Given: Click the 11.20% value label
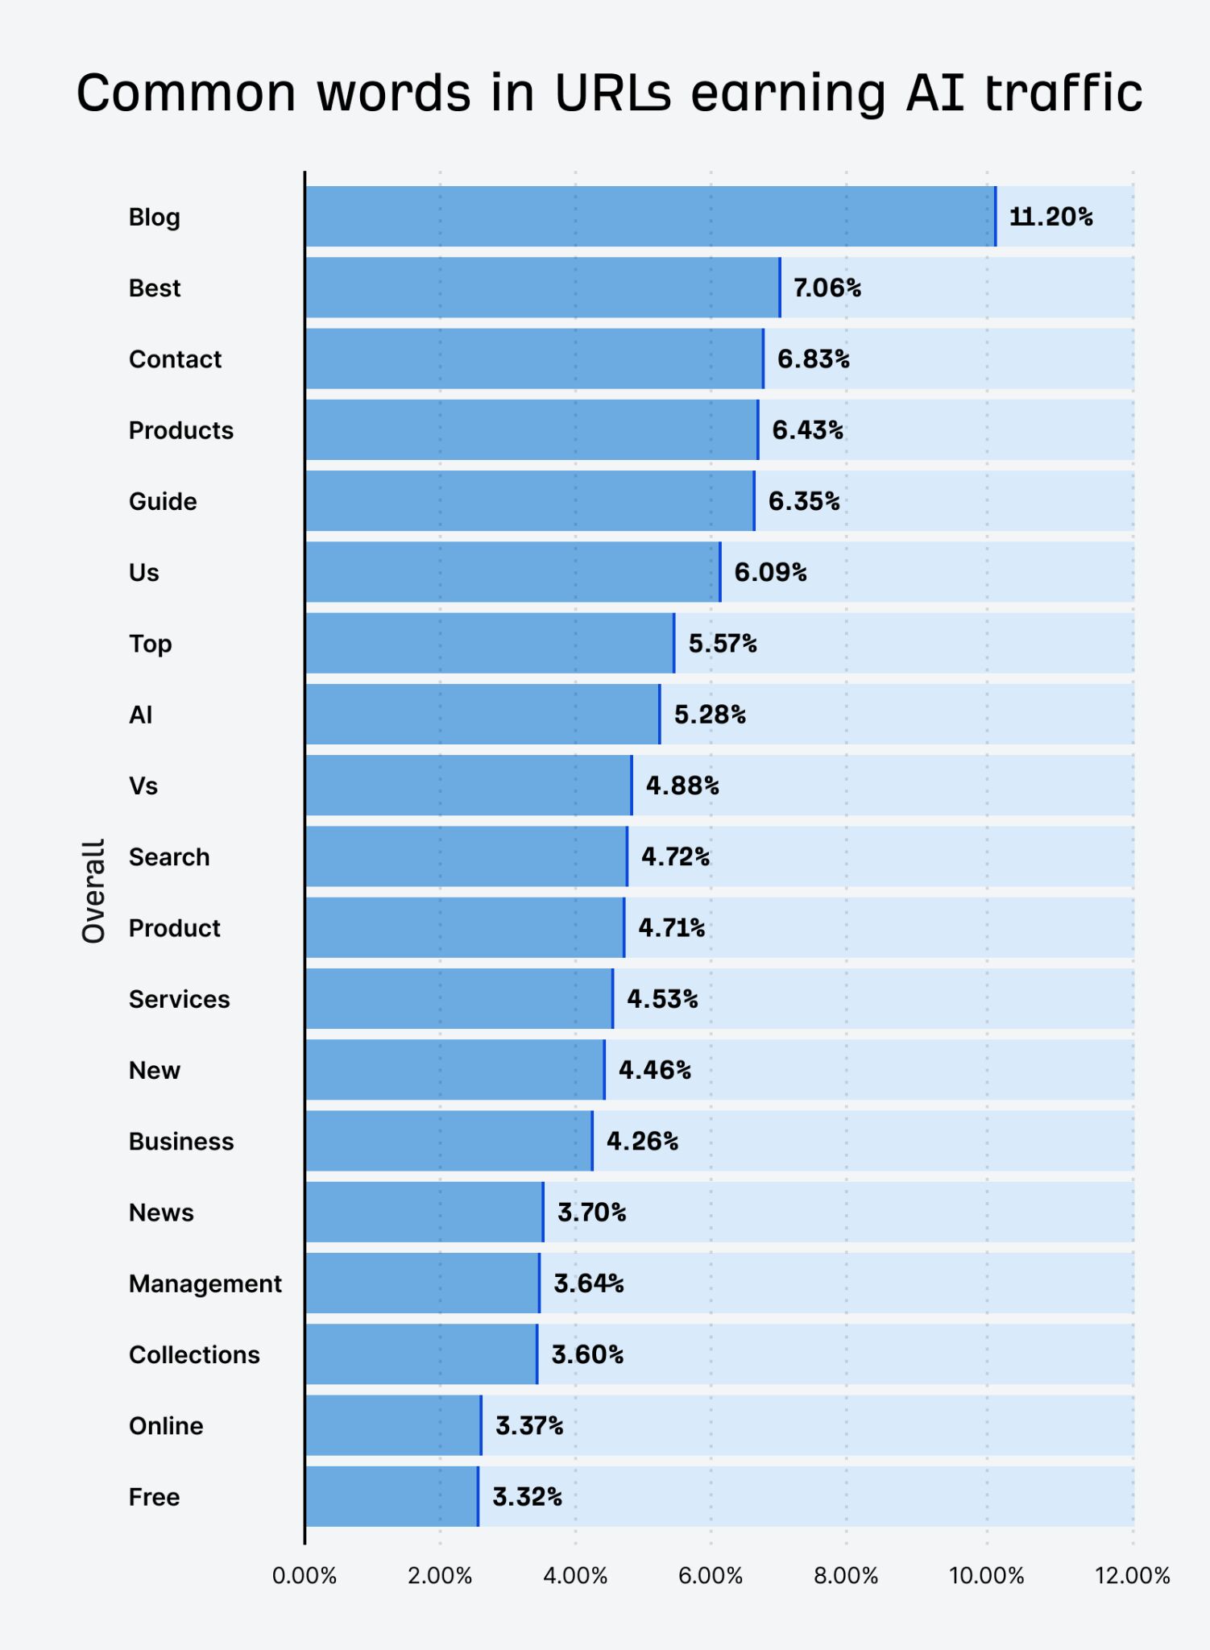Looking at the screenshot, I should click(x=1050, y=217).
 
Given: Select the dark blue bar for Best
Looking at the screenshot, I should click(x=542, y=288).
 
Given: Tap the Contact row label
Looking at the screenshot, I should click(x=175, y=359).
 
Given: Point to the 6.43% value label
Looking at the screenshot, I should click(x=807, y=430).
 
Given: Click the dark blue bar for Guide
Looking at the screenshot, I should click(x=529, y=501).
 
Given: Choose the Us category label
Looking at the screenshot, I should click(x=144, y=573).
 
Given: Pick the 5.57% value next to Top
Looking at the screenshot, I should click(x=722, y=644).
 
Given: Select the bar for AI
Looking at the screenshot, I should click(x=482, y=715).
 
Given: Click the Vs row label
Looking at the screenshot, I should click(x=143, y=786).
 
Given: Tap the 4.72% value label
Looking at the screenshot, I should click(x=675, y=856).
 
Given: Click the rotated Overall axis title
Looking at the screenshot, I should click(x=93, y=891).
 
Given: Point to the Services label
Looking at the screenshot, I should click(x=179, y=999).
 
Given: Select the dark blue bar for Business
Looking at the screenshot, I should click(x=449, y=1141).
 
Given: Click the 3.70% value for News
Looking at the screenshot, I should click(x=591, y=1212).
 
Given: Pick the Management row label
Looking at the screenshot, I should click(x=205, y=1283).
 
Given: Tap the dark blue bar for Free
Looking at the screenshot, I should click(x=392, y=1497).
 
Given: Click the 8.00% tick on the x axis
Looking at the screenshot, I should click(x=846, y=1576).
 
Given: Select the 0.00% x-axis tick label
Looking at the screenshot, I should click(x=304, y=1576).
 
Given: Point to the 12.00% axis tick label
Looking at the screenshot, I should click(x=1131, y=1576).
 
